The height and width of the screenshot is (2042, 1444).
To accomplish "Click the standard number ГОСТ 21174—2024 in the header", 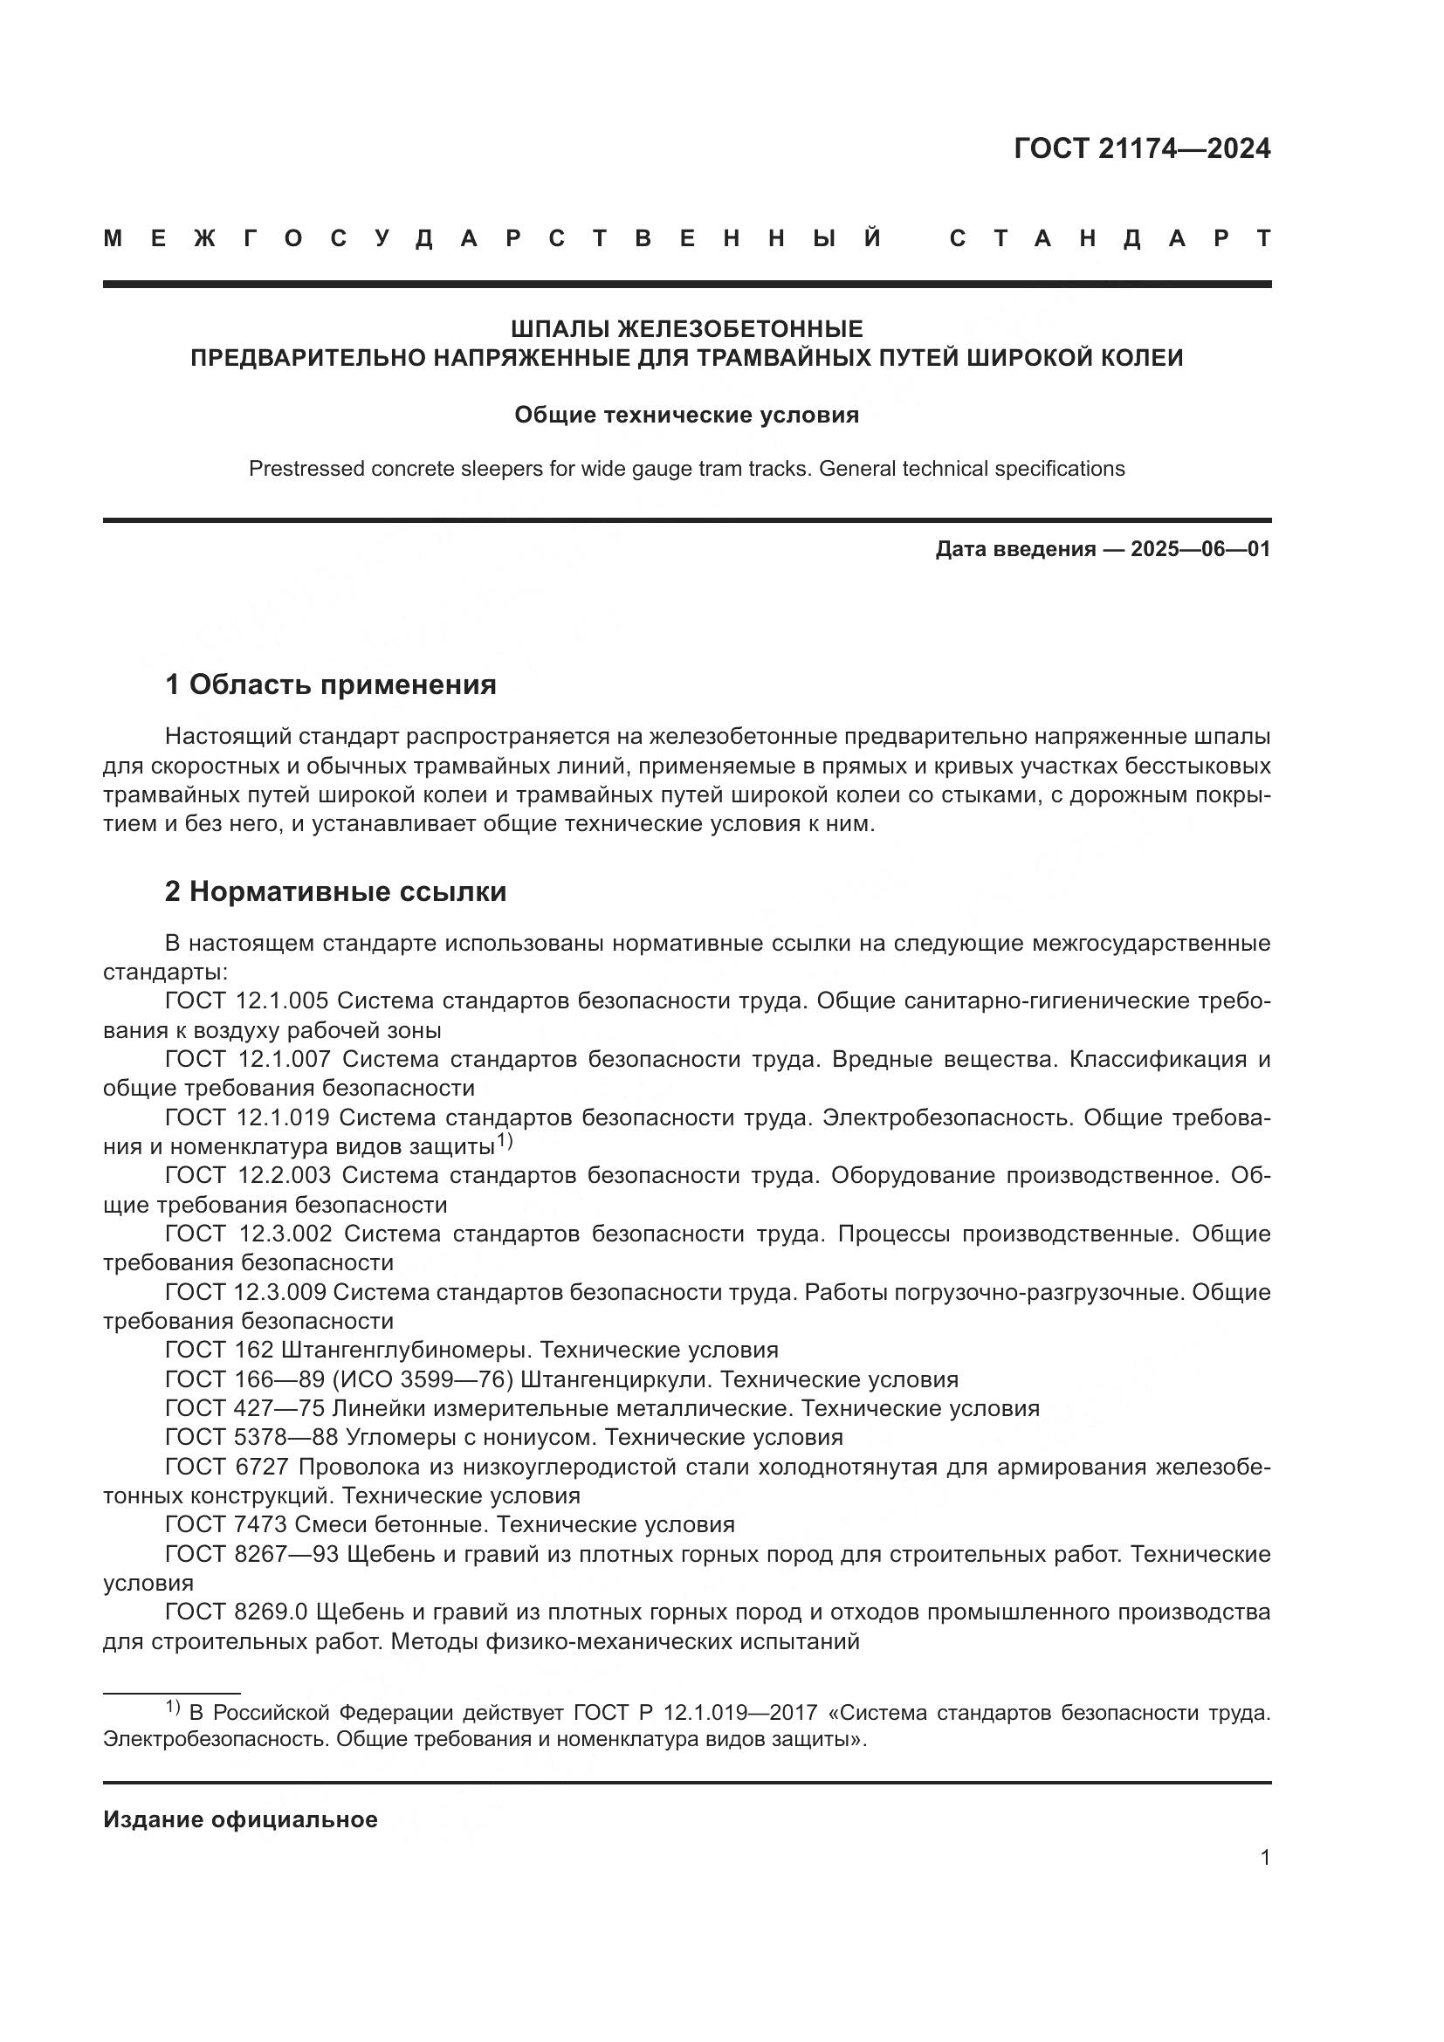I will [1142, 149].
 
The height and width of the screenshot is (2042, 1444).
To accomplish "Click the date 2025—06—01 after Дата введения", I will [1200, 550].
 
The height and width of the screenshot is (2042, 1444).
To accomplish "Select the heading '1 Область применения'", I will [330, 684].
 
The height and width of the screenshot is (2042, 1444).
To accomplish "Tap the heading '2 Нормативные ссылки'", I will [335, 891].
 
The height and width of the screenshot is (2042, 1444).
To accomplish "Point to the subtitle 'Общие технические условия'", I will [686, 416].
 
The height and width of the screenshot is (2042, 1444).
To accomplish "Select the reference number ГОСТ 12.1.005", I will [246, 1001].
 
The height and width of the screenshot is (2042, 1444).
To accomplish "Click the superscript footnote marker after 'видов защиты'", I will [504, 1140].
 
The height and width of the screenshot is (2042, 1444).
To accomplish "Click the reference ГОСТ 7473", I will [225, 1524].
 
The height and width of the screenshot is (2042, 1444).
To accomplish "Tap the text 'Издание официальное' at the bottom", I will [240, 1819].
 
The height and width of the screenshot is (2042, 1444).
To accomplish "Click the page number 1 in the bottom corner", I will [1264, 1858].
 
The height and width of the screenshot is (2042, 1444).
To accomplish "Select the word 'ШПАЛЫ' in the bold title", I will [560, 330].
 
